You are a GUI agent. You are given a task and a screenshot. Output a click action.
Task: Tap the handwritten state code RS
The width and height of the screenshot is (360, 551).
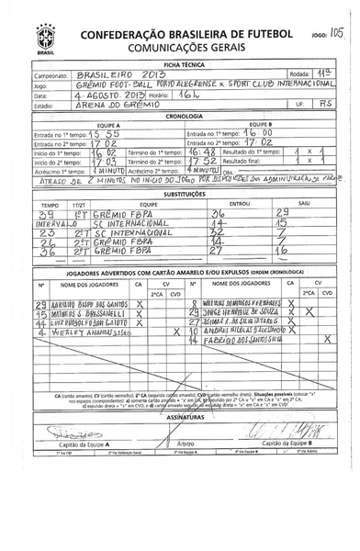tap(322, 106)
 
